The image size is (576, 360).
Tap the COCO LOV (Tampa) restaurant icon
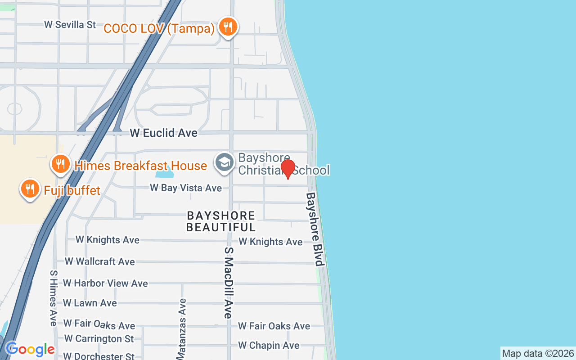pos(228,27)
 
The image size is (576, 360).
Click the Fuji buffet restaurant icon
pos(30,189)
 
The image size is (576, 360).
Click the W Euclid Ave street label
pos(163,133)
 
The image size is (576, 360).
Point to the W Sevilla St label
pos(70,24)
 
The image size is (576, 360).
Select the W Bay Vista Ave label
pos(186,188)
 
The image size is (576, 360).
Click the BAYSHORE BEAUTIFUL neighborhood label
pos(221,221)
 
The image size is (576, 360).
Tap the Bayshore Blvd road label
pos(315,229)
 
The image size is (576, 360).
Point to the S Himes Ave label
pos(54,298)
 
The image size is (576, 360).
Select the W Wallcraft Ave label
pos(99,261)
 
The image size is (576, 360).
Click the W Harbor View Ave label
pos(105,283)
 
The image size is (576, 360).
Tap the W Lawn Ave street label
pos(90,303)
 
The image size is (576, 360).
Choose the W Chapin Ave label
pos(269,346)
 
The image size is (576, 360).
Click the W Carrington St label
pos(99,338)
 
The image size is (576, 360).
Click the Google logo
pos(30,349)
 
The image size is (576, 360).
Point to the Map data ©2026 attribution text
pos(538,353)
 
